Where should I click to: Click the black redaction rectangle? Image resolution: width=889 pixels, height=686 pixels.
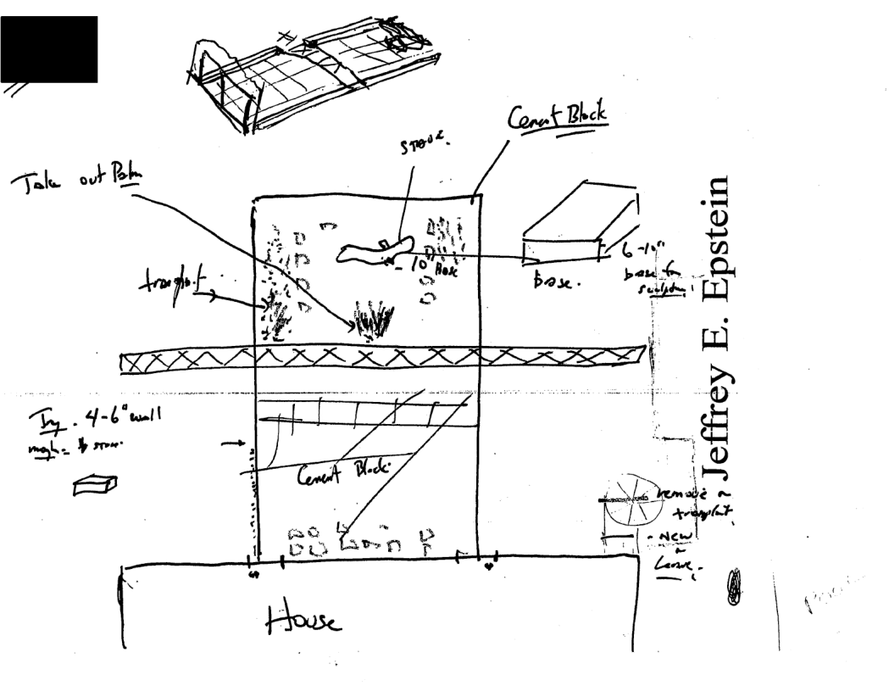pos(49,49)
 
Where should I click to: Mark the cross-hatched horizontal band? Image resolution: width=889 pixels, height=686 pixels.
pos(381,362)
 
